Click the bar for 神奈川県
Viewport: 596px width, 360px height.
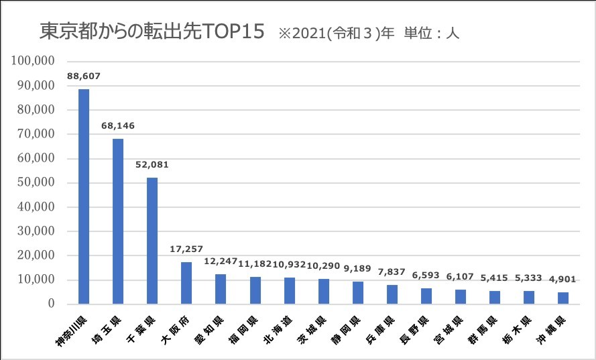[84, 196]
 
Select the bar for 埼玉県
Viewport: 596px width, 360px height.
[118, 221]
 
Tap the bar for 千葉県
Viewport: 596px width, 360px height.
[152, 241]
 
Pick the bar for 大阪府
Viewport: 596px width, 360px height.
[186, 283]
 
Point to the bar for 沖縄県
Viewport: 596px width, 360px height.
[563, 298]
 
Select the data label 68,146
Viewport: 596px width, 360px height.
[118, 125]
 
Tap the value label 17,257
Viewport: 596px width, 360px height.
[186, 249]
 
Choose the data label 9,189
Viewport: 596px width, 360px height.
[357, 268]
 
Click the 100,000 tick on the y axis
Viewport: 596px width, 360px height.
[33, 61]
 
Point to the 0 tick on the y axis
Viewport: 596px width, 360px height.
[50, 304]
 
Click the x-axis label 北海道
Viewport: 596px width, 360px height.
[279, 330]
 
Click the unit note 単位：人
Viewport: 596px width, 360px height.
[430, 32]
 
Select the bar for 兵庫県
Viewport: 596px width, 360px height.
[392, 294]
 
